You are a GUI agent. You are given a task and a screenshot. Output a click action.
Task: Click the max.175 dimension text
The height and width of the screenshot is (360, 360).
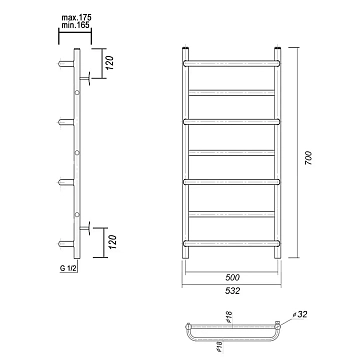pos(76,17)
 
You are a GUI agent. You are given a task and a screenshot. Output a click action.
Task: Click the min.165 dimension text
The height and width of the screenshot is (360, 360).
pos(76,24)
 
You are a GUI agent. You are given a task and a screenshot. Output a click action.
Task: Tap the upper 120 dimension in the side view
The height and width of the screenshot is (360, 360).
pos(110,63)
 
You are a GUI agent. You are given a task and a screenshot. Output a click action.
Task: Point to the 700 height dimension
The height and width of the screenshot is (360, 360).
pos(308,159)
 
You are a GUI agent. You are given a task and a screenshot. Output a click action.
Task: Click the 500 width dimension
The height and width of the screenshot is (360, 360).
pos(232,277)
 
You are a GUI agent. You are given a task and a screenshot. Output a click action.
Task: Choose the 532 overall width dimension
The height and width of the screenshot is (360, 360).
pos(232,291)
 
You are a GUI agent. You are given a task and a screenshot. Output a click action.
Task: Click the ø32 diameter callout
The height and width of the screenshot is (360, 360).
pos(300,314)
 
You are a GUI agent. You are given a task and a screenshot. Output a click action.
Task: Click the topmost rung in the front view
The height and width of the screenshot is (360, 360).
pos(232,63)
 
